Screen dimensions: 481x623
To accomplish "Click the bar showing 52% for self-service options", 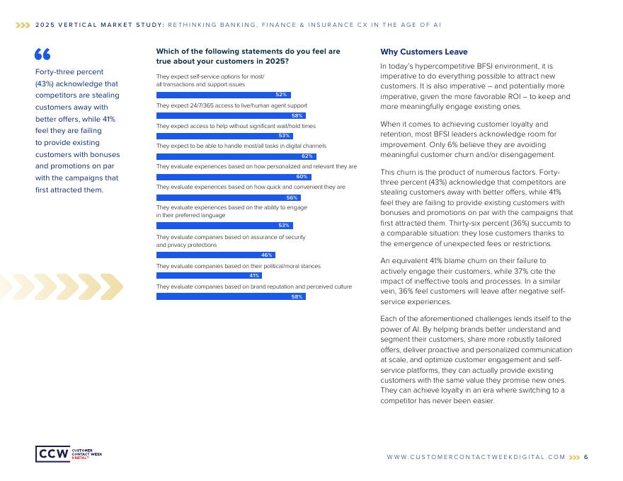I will point(223,95).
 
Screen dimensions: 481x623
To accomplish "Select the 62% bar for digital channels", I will point(236,156).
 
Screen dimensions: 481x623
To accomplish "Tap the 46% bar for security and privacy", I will point(215,255).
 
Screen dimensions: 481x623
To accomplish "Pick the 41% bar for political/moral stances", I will point(209,275).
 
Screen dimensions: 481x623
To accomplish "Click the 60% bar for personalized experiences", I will point(234,177).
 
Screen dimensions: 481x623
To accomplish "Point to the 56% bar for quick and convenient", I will point(228,197).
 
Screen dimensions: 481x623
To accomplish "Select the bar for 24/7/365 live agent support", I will point(231,115).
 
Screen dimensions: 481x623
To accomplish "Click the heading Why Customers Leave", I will point(414,52).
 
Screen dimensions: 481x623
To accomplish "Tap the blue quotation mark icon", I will point(42,54).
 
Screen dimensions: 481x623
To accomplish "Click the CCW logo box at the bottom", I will point(53,453).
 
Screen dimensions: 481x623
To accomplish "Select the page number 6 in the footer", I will point(586,457).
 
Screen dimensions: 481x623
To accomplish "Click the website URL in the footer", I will point(476,457).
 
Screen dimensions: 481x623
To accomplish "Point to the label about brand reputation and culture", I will point(254,286).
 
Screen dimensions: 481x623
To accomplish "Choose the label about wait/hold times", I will point(236,126).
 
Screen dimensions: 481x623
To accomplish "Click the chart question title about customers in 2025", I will point(248,57).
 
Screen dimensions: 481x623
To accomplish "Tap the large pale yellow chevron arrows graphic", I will point(62,287).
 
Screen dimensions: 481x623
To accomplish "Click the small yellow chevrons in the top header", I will point(23,25).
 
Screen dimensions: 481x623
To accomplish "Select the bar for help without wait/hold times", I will point(224,136).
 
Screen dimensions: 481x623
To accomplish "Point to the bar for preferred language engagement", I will point(224,225).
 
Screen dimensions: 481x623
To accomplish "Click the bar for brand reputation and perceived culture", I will point(231,296).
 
